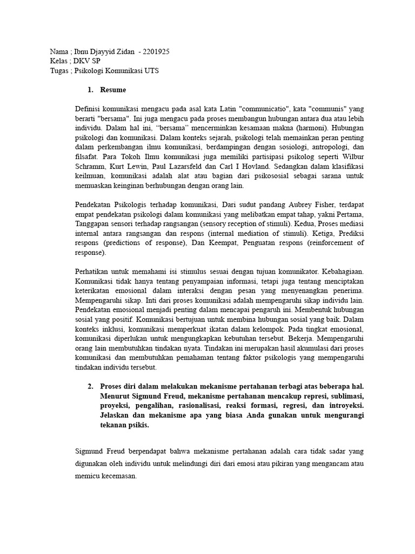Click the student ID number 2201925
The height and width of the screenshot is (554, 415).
point(156,52)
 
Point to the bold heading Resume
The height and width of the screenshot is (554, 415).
point(113,89)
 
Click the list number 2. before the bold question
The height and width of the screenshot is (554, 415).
point(90,387)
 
